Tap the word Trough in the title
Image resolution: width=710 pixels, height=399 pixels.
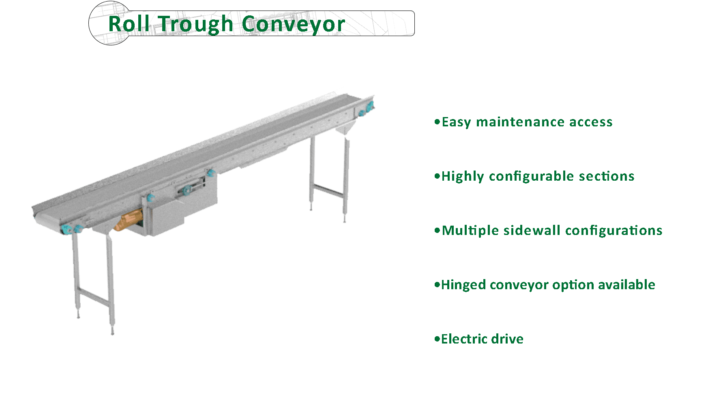pos(195,24)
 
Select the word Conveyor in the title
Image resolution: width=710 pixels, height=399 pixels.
pos(293,24)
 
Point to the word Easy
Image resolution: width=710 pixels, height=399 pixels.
pos(456,122)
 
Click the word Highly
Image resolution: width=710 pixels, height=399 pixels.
pos(463,177)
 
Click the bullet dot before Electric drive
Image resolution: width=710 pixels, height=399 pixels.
pos(437,339)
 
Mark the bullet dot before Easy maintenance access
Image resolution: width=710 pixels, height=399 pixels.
pos(437,122)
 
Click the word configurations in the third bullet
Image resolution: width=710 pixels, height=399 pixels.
pos(613,230)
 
